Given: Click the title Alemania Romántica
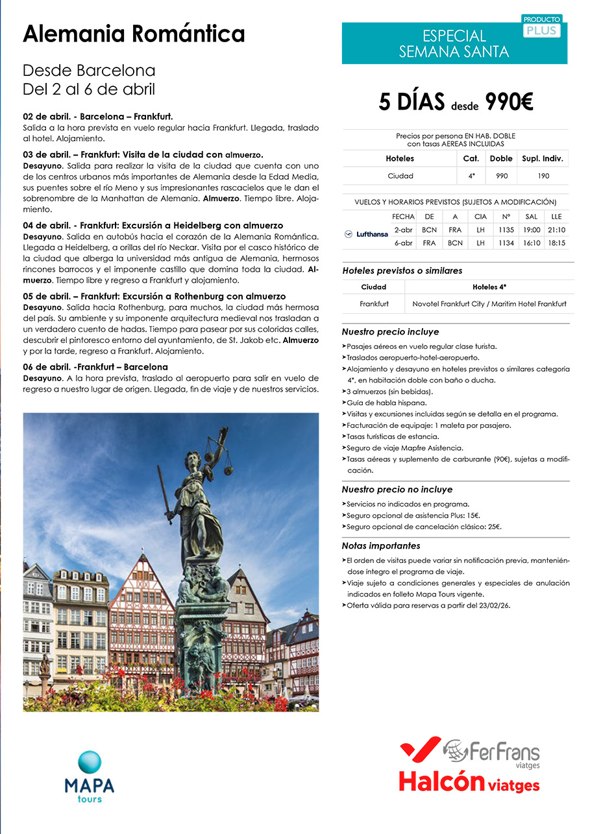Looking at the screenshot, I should (134, 34).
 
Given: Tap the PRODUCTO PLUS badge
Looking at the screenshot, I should (542, 27).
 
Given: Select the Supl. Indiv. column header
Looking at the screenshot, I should (543, 158).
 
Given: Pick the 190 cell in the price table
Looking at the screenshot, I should (543, 176).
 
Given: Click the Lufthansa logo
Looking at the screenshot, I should (366, 234).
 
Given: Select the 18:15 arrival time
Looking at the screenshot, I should (556, 243).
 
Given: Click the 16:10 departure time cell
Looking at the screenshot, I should (531, 243).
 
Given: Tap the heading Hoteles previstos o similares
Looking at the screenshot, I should (402, 270).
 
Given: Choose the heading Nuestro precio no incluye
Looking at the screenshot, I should (397, 490).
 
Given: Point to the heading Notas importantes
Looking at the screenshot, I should (381, 546).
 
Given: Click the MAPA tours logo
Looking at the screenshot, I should (89, 776).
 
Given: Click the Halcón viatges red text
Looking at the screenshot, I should (469, 781).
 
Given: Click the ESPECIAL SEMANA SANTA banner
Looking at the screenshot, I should (454, 43).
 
